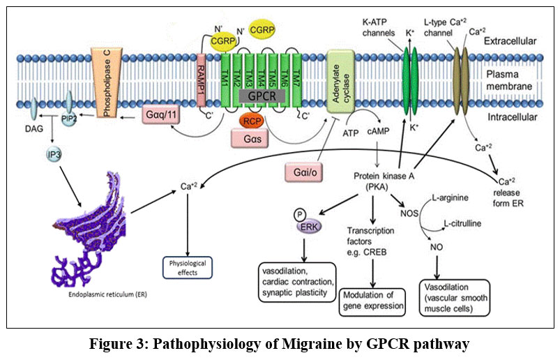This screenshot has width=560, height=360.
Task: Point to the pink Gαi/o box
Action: click(x=304, y=172)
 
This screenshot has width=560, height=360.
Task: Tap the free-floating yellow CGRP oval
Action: click(x=262, y=29)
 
